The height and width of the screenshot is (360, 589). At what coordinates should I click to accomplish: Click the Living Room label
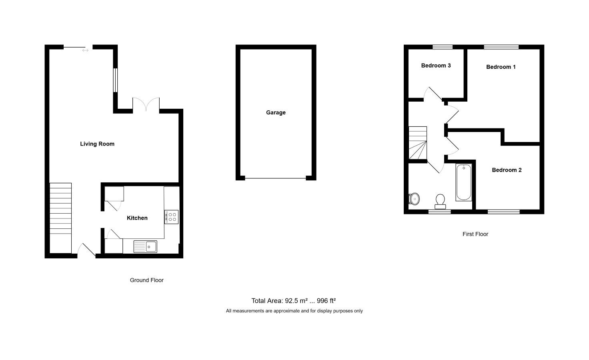pos(97,144)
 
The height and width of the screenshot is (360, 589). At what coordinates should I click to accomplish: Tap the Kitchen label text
pos(137,218)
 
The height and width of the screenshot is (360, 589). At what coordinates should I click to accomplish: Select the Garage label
pos(276,112)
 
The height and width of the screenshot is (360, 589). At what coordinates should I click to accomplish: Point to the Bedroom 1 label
pos(501,67)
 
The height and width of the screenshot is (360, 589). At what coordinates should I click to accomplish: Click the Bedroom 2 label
pos(507,170)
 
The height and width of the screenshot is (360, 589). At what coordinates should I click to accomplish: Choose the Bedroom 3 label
pos(436,66)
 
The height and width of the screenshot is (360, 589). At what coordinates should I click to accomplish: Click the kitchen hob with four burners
pos(171,217)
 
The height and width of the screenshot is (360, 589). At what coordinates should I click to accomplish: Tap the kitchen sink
pos(145,247)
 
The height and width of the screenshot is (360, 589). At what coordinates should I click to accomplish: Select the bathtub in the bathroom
pos(464,183)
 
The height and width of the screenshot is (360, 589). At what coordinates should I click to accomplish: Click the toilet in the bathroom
pos(440,202)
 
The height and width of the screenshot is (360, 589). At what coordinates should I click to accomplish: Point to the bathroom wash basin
pos(414,199)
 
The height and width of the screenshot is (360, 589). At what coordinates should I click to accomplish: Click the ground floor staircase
pos(60,218)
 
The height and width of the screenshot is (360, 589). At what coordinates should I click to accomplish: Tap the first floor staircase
pos(418,143)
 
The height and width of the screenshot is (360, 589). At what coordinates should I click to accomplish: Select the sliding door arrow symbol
pos(85,50)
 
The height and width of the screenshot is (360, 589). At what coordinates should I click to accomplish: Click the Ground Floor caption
pos(147,280)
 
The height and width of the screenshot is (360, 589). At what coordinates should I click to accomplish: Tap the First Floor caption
pos(475,234)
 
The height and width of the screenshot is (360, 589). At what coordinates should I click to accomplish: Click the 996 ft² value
pos(326,301)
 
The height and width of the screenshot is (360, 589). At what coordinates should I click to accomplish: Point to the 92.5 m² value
pos(296,301)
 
